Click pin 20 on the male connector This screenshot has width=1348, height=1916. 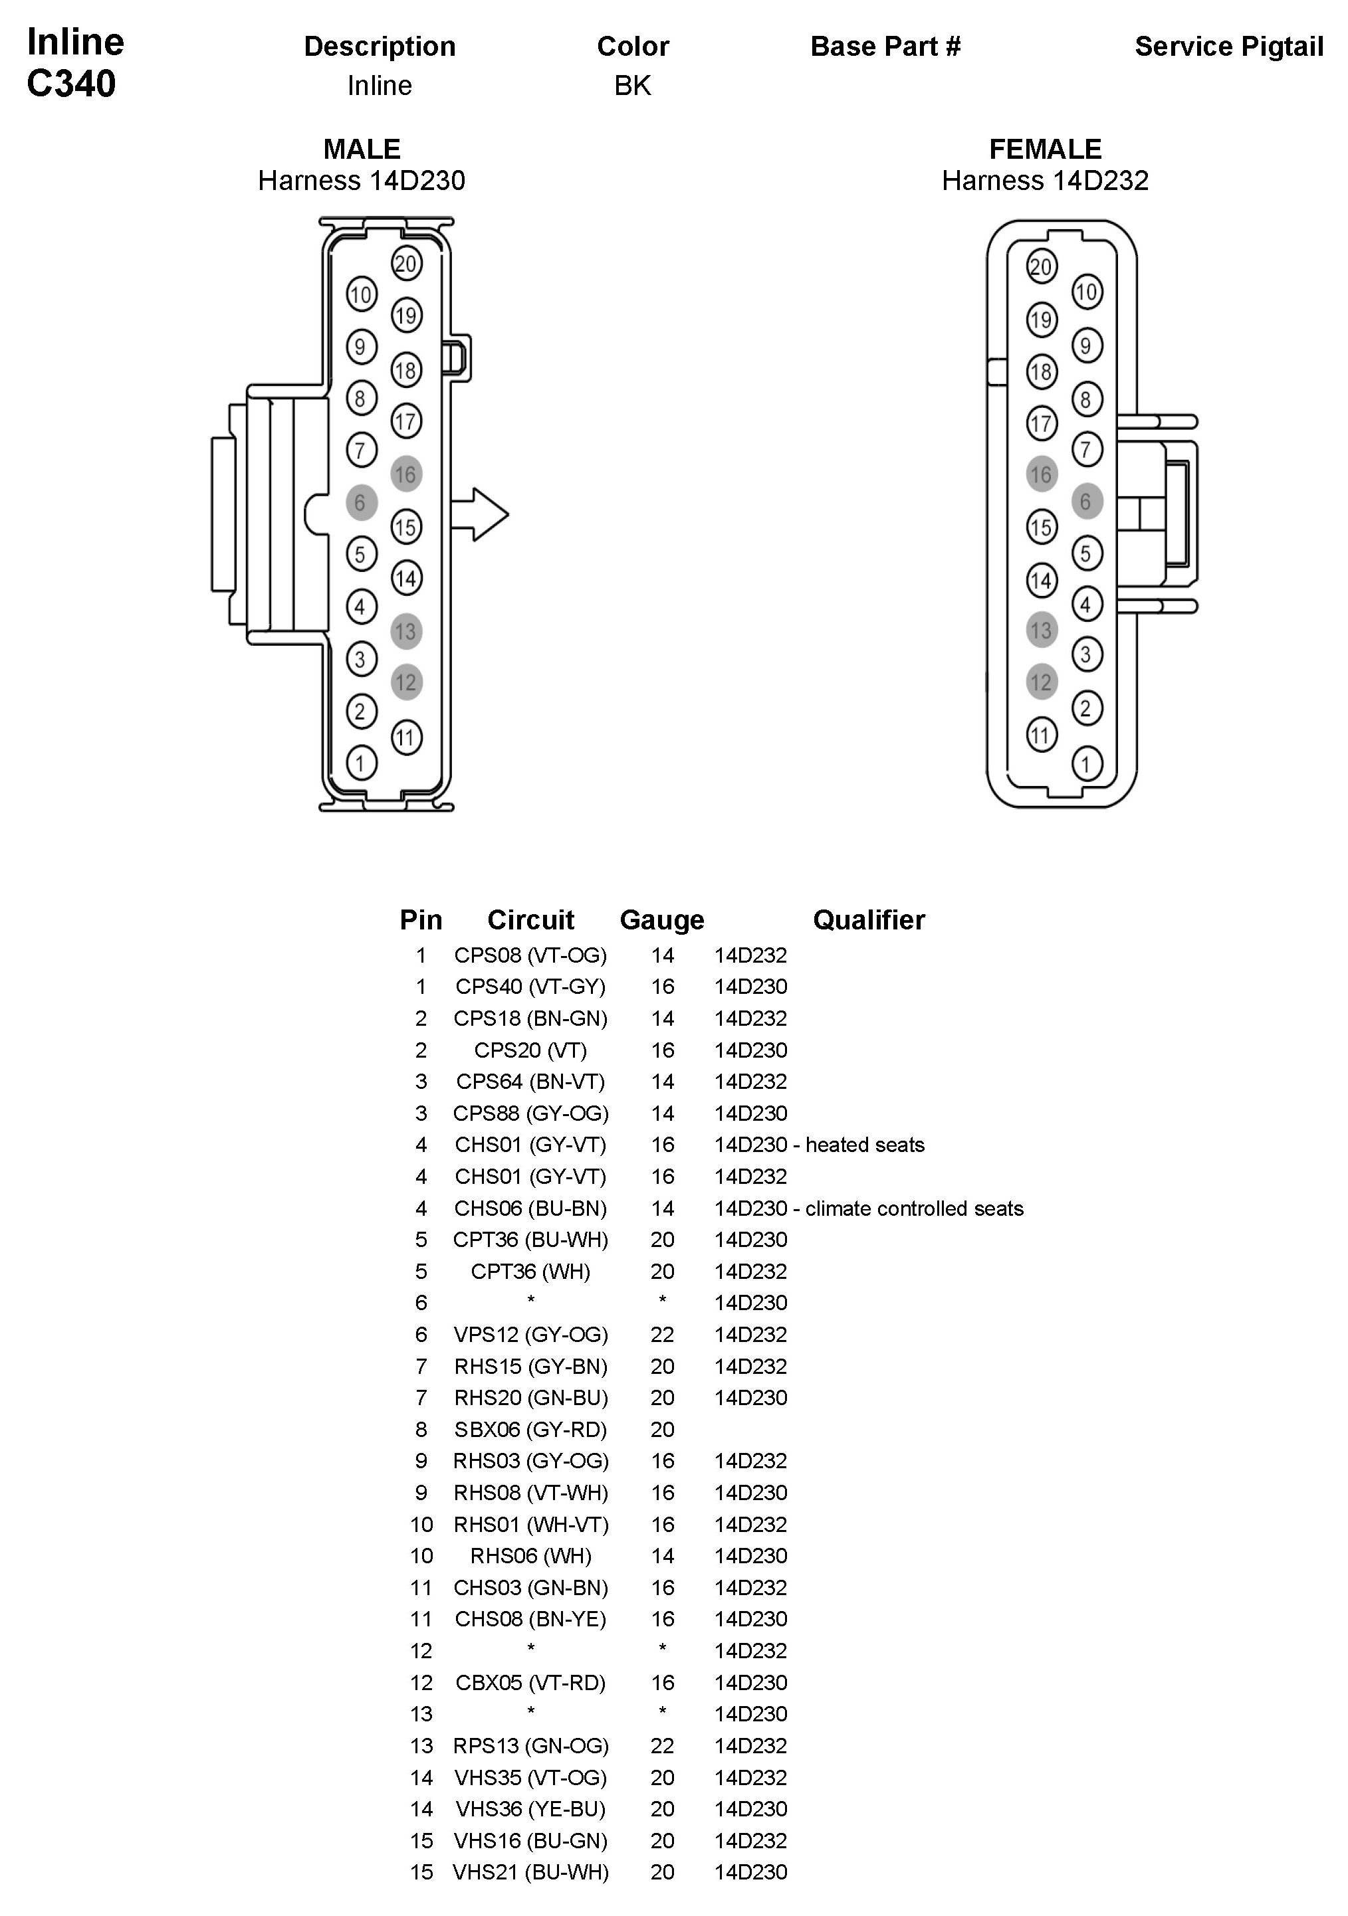(x=405, y=264)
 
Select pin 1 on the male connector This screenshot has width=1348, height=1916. (x=360, y=763)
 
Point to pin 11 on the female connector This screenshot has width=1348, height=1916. (x=1040, y=735)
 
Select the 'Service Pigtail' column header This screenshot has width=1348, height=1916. (x=1228, y=47)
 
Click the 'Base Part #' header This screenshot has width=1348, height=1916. (x=885, y=47)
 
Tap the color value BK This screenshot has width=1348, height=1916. (x=632, y=86)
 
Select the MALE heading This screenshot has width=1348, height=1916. (x=362, y=149)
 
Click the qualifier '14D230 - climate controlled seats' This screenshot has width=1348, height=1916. (x=868, y=1208)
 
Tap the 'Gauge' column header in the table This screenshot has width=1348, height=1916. (x=662, y=919)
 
